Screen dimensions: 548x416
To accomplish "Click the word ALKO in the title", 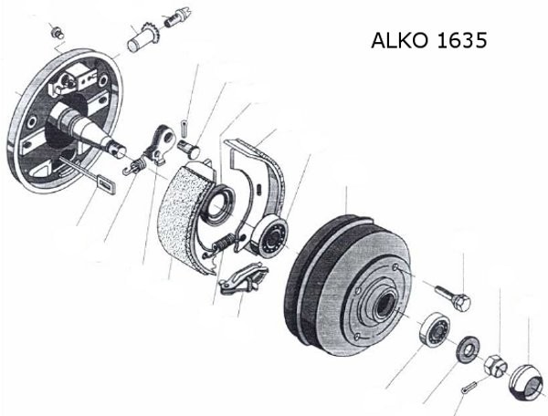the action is [400, 40].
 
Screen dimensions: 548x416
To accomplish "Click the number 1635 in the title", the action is [461, 40].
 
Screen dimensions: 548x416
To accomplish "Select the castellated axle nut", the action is [495, 365].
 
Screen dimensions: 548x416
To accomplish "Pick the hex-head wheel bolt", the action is [453, 297].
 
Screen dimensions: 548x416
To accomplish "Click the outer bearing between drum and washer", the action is [435, 329].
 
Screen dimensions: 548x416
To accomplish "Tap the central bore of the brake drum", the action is [385, 304].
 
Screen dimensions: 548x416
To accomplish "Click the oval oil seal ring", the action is [218, 205].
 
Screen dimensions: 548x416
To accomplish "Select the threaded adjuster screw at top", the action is [176, 18].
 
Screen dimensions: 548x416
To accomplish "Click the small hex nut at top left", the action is [58, 34].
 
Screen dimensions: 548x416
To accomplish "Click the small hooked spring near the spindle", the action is [134, 165].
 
